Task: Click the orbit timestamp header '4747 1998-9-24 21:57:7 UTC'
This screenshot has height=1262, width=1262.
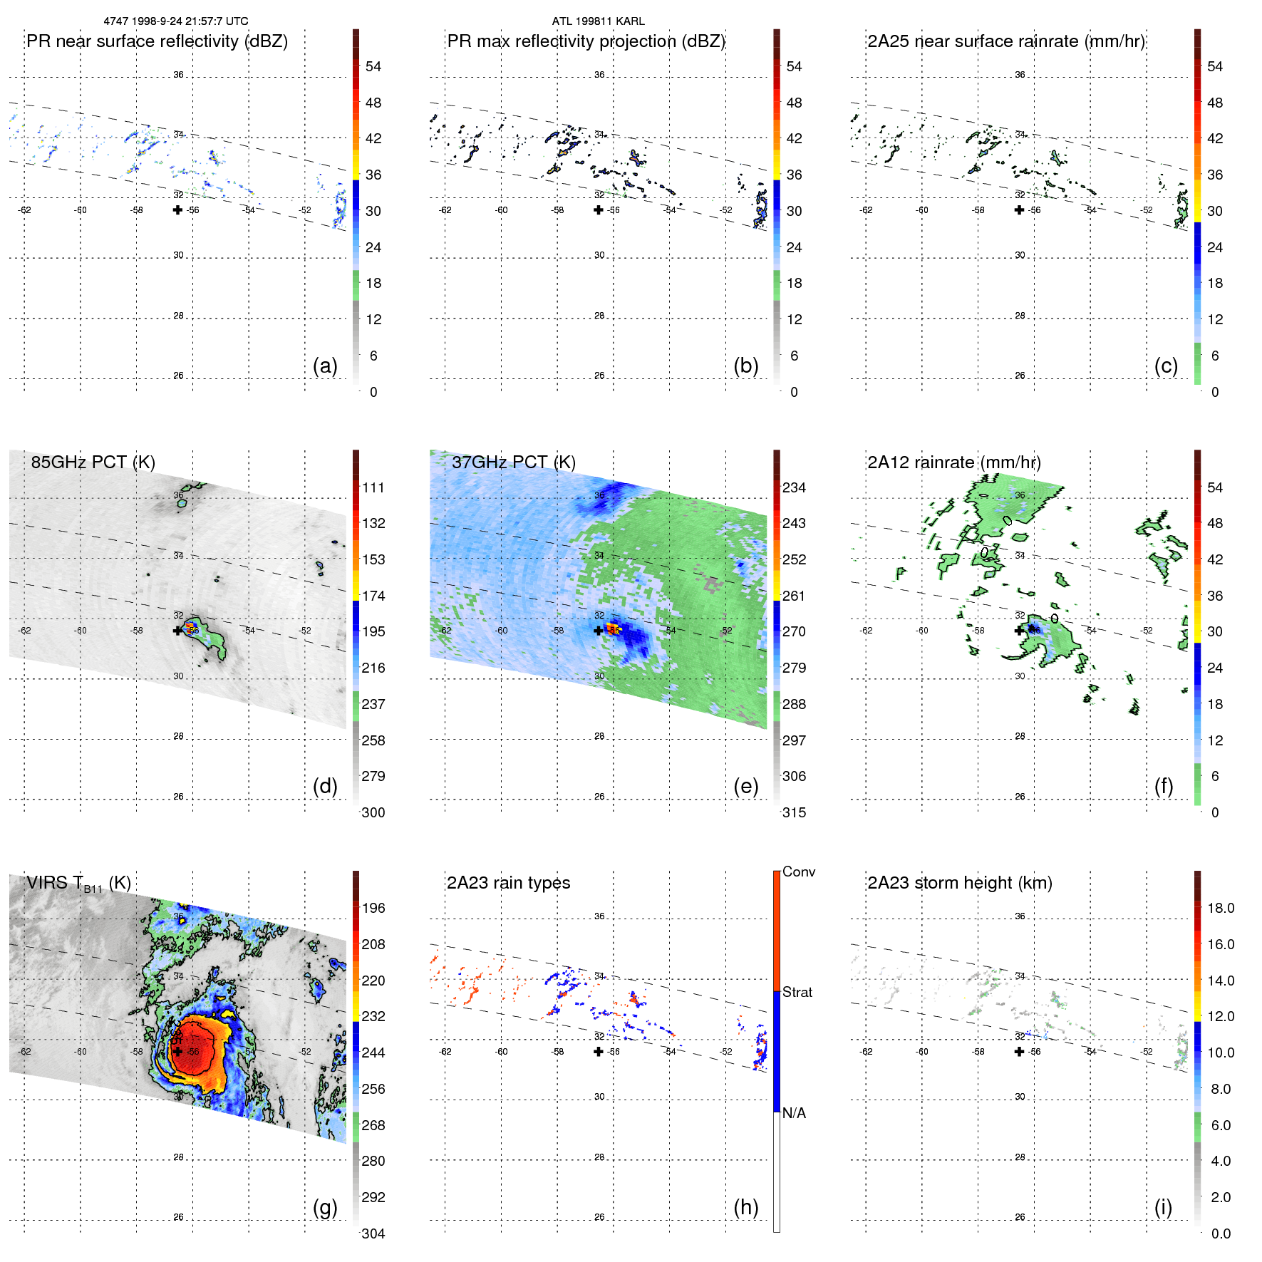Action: pyautogui.click(x=176, y=21)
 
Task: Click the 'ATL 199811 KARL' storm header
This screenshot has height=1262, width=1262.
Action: pyautogui.click(x=598, y=21)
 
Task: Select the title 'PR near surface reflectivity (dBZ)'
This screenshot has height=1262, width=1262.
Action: pyautogui.click(x=157, y=41)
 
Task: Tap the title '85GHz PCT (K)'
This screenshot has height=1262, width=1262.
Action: pyautogui.click(x=93, y=462)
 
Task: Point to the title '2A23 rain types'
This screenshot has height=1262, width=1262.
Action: pyautogui.click(x=508, y=883)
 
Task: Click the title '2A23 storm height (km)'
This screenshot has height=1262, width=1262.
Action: pyautogui.click(x=959, y=883)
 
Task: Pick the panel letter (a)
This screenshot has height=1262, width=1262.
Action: pyautogui.click(x=325, y=366)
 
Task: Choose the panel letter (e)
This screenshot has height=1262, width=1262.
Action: pyautogui.click(x=745, y=786)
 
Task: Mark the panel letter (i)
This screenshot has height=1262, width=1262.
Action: pyautogui.click(x=1163, y=1207)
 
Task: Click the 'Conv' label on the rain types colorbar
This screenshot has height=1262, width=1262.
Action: pyautogui.click(x=798, y=871)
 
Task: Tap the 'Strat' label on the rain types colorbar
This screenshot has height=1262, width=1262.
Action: pyautogui.click(x=797, y=992)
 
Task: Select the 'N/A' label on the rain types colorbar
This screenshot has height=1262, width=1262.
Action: pyautogui.click(x=794, y=1113)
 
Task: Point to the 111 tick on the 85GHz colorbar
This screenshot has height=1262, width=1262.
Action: pyautogui.click(x=373, y=487)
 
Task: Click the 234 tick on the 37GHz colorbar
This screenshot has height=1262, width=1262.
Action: pyautogui.click(x=794, y=487)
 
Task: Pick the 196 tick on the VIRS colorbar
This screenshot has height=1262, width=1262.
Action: pyautogui.click(x=373, y=908)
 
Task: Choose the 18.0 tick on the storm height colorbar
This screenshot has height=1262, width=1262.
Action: pyautogui.click(x=1220, y=908)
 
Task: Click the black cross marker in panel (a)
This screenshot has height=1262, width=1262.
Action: pyautogui.click(x=177, y=210)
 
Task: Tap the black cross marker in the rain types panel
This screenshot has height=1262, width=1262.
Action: pyautogui.click(x=599, y=1051)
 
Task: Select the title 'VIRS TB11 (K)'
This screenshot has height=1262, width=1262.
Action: pyautogui.click(x=78, y=884)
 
